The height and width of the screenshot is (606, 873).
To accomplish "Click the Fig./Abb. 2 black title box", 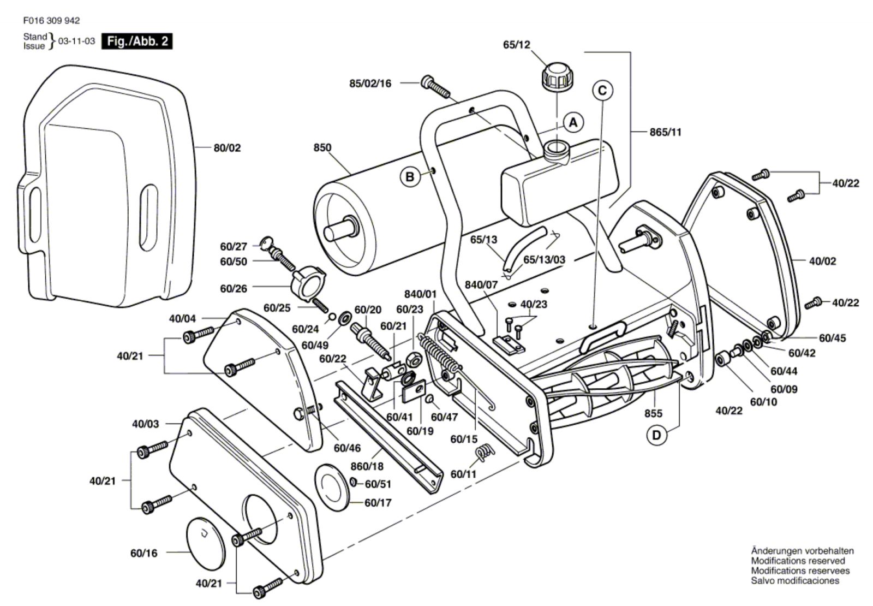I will tap(137, 41).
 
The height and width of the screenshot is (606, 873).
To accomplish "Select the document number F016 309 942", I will tap(51, 21).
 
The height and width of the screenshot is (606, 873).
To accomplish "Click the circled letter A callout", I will tap(573, 122).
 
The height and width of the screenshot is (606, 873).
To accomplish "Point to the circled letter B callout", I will tap(410, 176).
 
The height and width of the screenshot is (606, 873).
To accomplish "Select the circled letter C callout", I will tap(602, 90).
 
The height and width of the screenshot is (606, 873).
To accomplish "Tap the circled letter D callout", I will tap(656, 435).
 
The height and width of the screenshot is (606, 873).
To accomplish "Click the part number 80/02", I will tap(227, 148).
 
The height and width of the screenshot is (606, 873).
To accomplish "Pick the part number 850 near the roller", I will tap(322, 147).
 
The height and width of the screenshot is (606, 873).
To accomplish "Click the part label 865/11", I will tap(665, 132).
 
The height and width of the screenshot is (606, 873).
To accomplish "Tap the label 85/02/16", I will tap(370, 84).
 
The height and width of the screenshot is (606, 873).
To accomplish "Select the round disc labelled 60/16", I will tap(206, 540).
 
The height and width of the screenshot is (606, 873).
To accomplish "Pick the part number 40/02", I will tap(822, 261).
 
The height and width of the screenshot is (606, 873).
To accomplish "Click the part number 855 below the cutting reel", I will tap(653, 413).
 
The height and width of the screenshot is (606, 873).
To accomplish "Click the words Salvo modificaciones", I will tap(794, 581).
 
